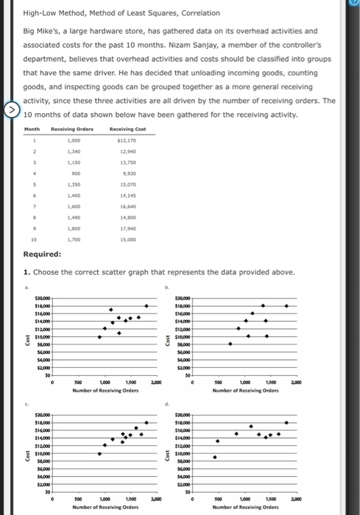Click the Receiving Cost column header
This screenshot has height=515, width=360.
127,130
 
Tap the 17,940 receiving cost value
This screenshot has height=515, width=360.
127,230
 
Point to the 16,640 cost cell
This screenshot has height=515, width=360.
127,208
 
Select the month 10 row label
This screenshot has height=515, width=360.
32,240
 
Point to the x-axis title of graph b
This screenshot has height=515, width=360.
243,391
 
